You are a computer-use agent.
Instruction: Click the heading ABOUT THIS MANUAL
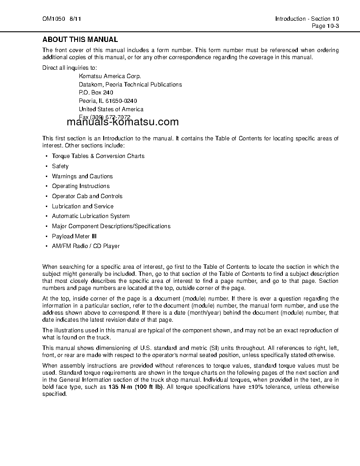click(x=80, y=40)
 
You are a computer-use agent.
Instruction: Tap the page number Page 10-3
click(x=325, y=26)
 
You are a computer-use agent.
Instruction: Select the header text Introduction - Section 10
click(x=307, y=19)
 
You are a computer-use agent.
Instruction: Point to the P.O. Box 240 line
click(x=96, y=93)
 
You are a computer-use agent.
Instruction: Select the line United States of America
click(x=111, y=109)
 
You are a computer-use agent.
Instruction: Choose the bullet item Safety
click(x=60, y=166)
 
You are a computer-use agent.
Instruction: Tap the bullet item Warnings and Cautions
click(x=82, y=176)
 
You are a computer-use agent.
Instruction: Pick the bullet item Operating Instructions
click(x=81, y=186)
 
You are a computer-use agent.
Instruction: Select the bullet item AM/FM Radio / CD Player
click(x=86, y=246)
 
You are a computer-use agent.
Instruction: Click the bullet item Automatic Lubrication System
click(x=90, y=216)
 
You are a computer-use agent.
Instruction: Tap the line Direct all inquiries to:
click(x=69, y=68)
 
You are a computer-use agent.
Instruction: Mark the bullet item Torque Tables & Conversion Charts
click(x=98, y=156)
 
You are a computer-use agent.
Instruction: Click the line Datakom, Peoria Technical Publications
click(x=130, y=84)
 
